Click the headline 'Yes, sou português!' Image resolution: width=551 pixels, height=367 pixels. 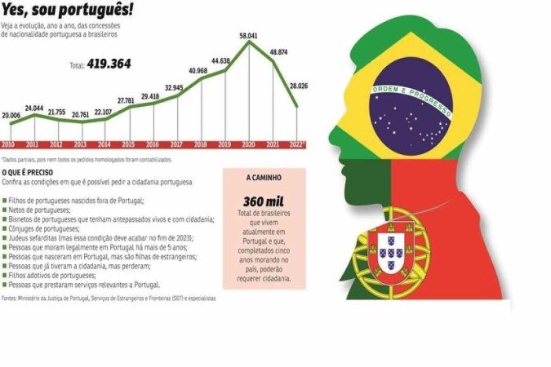(x=68, y=12)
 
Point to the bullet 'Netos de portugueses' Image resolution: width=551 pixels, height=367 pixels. (x=39, y=210)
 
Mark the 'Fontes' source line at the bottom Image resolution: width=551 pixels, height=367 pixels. (x=109, y=298)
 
